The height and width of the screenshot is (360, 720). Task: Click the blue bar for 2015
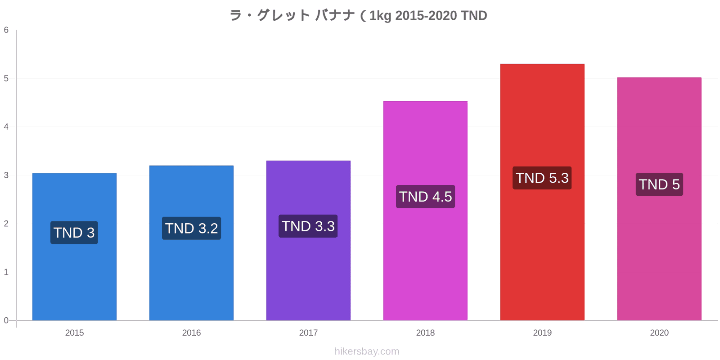74,247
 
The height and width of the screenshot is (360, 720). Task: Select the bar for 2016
191,243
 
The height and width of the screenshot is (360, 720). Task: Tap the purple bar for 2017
308,240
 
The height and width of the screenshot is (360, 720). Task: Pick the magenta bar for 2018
425,211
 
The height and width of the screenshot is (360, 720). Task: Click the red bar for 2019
542,192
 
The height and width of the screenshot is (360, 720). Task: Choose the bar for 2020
659,199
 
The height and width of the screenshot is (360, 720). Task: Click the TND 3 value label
74,232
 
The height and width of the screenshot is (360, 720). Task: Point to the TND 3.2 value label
192,228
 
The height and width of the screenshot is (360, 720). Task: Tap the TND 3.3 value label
308,226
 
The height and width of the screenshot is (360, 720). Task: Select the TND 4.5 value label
426,196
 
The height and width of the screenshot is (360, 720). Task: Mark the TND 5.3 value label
542,178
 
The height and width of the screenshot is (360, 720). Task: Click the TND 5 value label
660,184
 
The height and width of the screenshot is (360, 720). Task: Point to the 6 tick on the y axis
6,30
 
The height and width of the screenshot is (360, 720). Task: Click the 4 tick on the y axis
6,126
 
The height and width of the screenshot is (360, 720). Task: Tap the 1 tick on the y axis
6,272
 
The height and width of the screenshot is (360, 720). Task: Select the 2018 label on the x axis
425,333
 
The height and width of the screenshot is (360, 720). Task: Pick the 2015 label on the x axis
74,333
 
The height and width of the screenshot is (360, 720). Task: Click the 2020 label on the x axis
659,333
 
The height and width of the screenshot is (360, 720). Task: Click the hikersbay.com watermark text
367,351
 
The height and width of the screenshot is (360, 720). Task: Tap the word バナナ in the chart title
335,15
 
